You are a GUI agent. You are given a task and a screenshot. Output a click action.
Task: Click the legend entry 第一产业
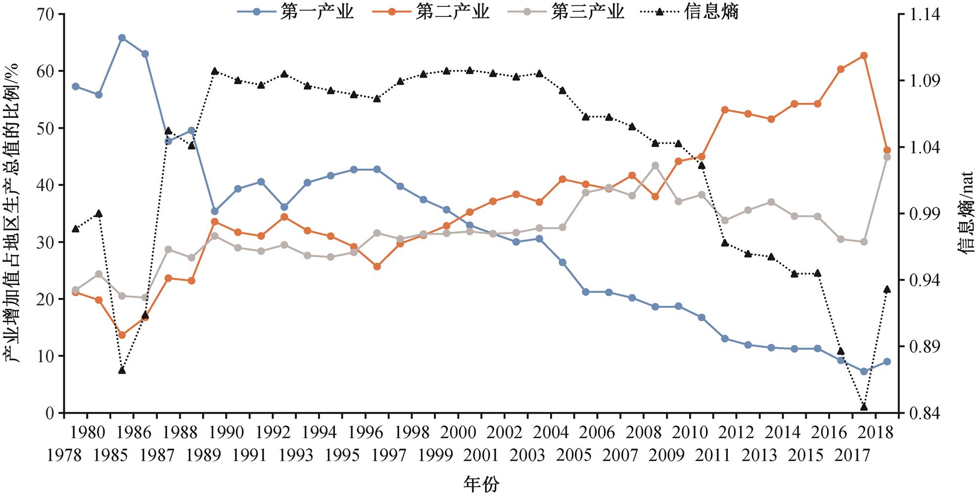[x=317, y=12]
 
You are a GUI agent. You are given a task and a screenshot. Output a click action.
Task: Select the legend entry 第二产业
[x=452, y=12]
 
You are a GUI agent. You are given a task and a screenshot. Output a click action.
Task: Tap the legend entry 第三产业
[x=588, y=12]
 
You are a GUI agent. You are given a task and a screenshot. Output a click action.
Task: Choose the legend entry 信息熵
[x=711, y=12]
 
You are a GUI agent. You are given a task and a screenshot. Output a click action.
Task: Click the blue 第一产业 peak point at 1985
[x=122, y=38]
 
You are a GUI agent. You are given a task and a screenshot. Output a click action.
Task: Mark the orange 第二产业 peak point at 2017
[x=864, y=55]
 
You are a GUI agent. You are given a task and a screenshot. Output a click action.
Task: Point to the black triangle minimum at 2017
[x=864, y=406]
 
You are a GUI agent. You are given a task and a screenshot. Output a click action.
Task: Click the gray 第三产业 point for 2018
[x=887, y=157]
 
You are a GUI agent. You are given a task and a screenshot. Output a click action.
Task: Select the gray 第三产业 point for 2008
[x=655, y=165]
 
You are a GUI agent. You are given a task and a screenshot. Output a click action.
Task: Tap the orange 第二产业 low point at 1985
[x=122, y=335]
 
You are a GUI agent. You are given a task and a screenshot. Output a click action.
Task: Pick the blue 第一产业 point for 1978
[x=75, y=86]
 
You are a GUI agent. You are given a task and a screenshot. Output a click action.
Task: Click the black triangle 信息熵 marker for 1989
[x=215, y=71]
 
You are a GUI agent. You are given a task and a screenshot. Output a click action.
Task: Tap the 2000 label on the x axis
[x=459, y=432]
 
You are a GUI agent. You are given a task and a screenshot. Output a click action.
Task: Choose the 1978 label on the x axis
[x=64, y=455]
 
